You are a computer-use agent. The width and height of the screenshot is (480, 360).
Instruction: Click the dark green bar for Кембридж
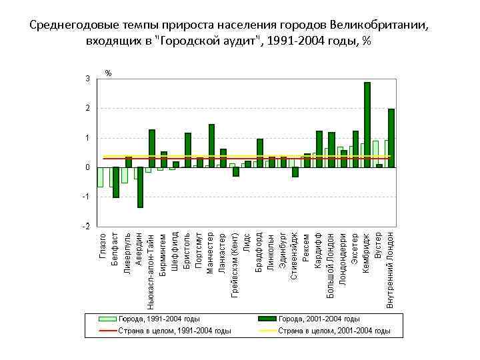(x=367, y=125)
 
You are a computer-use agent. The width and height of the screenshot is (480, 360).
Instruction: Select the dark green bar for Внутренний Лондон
(x=391, y=138)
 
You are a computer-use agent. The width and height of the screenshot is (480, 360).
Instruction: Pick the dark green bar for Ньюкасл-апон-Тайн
(x=152, y=148)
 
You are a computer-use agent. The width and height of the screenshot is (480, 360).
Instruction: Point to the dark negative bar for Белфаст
(x=116, y=182)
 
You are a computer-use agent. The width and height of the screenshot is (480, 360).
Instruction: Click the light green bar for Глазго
(x=100, y=177)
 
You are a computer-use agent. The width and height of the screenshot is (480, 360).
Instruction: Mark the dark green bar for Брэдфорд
(x=259, y=153)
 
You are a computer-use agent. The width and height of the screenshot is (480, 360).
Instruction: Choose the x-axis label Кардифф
(x=319, y=250)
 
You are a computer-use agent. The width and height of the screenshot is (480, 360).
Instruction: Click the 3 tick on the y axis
(x=87, y=79)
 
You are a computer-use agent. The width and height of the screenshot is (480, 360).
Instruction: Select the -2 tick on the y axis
(x=86, y=227)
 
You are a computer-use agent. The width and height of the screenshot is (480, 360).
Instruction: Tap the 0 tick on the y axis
(x=87, y=167)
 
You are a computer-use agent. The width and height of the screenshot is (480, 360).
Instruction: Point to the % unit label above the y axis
(x=109, y=73)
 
